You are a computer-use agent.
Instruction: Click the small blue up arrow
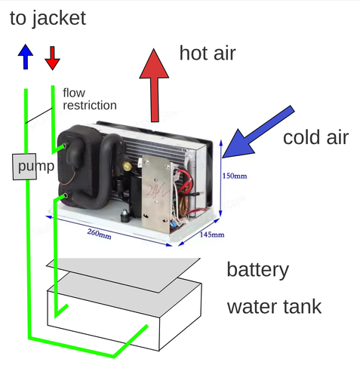tap(26, 57)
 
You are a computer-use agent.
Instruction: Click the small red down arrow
tap(52, 58)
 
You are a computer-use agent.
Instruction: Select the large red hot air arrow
tap(154, 85)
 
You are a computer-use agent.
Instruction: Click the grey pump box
tap(24, 167)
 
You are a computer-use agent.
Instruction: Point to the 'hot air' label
tap(208, 53)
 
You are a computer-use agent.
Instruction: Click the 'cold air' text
tap(315, 137)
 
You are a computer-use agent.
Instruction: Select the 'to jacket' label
tap(48, 18)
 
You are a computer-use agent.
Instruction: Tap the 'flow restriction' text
tap(90, 99)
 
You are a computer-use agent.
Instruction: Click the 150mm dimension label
tap(235, 176)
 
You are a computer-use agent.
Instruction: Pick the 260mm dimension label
tap(99, 234)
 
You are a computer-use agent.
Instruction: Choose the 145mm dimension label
tap(212, 235)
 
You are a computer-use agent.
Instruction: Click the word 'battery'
tap(258, 269)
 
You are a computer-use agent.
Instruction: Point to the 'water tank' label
tap(274, 307)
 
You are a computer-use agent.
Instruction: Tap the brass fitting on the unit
tap(128, 166)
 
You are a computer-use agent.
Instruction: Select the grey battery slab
tap(123, 275)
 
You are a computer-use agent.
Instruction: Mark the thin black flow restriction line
tap(39, 115)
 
